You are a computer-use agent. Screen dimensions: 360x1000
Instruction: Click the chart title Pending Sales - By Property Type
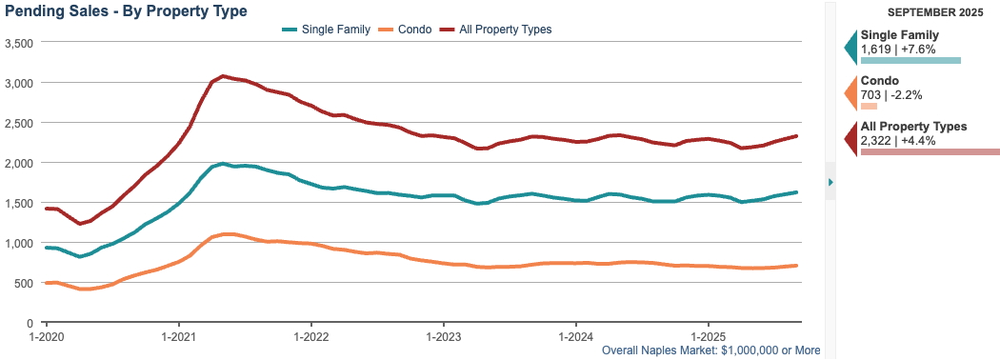(x=126, y=11)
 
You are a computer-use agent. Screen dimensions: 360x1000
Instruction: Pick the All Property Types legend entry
(x=504, y=30)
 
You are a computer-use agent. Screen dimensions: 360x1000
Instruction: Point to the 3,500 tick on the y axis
(x=19, y=44)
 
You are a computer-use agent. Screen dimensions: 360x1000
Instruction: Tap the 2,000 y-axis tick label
(x=19, y=163)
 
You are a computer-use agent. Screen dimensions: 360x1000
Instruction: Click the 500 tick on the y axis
(x=24, y=283)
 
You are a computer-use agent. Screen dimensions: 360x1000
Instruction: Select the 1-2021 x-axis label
(x=178, y=337)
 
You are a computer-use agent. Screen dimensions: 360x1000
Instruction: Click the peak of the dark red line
(x=222, y=76)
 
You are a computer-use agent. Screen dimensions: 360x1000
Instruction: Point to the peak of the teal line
(x=223, y=164)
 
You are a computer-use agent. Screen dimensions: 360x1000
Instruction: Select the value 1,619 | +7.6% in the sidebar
(x=898, y=49)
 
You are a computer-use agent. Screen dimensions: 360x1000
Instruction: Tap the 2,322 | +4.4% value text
(x=898, y=140)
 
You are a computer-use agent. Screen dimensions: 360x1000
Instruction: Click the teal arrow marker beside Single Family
(x=850, y=44)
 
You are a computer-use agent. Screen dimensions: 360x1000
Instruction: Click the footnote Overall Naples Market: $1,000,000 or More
(x=711, y=350)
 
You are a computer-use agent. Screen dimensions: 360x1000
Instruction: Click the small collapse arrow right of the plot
(x=830, y=182)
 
